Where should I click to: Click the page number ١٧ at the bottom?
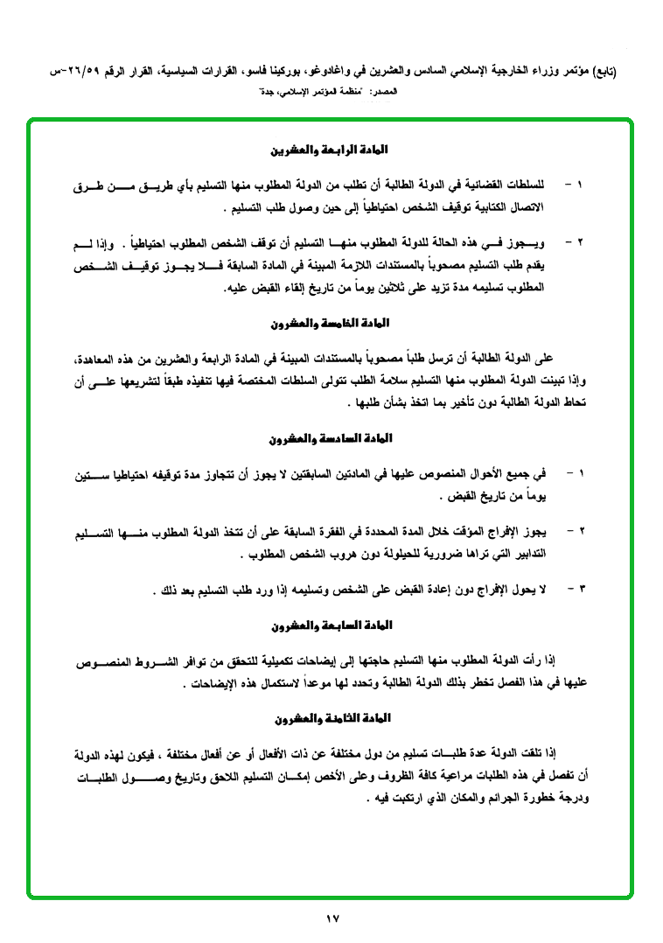tap(331, 919)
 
